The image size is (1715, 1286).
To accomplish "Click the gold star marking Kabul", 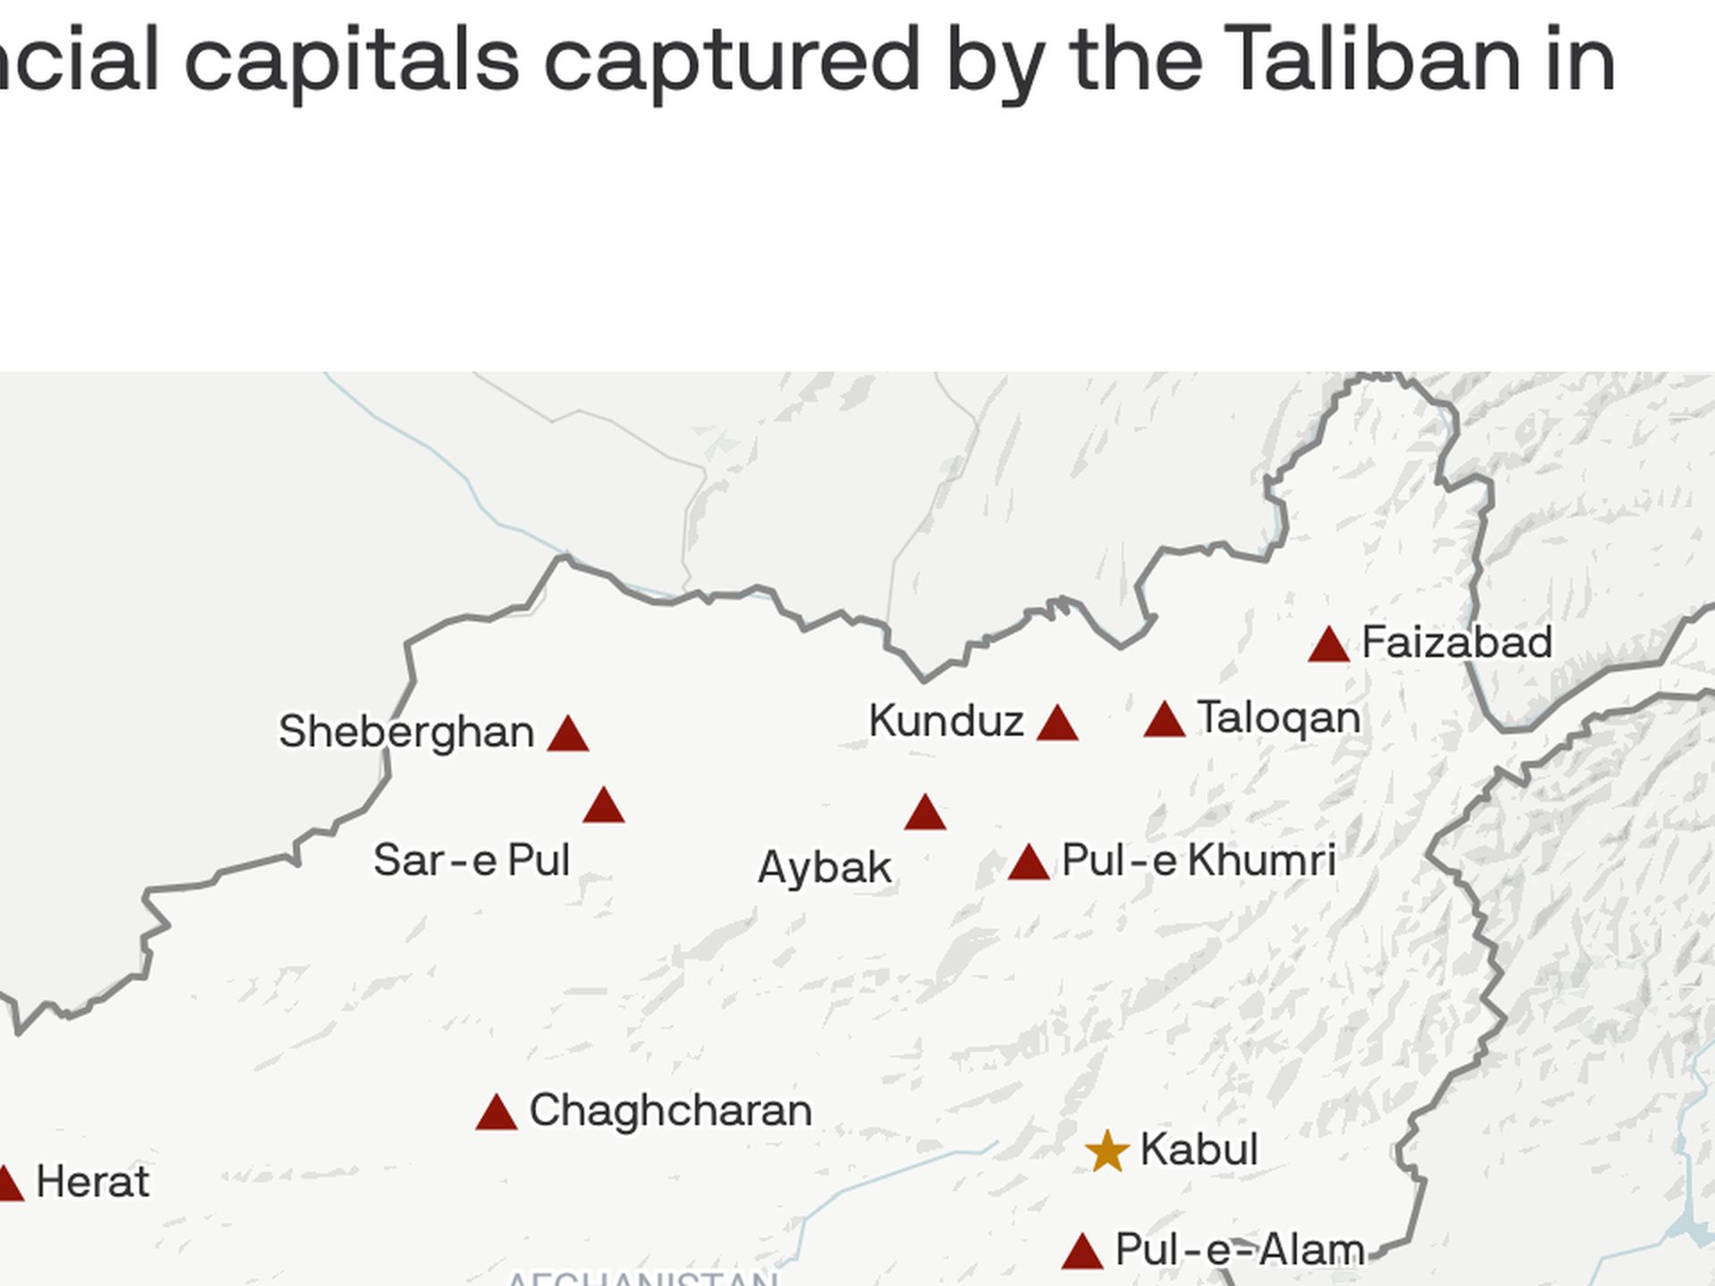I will pyautogui.click(x=1108, y=1151).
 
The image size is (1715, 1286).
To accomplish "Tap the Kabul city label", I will pyautogui.click(x=1199, y=1148).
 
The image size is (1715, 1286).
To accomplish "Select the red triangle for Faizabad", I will pyautogui.click(x=1328, y=646).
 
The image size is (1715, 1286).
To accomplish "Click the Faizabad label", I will pyautogui.click(x=1457, y=642).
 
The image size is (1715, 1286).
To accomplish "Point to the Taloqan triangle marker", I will pyautogui.click(x=1165, y=721).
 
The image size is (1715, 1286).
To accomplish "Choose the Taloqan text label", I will pyautogui.click(x=1278, y=718).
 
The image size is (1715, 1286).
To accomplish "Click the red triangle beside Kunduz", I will pyautogui.click(x=1058, y=724).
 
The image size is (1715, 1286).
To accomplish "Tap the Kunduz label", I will pyautogui.click(x=946, y=721).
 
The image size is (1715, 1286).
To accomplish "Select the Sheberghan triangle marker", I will pyautogui.click(x=568, y=735).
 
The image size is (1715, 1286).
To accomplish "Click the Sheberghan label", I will pyautogui.click(x=406, y=731).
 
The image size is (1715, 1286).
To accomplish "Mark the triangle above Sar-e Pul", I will pyautogui.click(x=604, y=806).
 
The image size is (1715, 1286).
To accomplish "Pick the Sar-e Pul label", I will pyautogui.click(x=472, y=860).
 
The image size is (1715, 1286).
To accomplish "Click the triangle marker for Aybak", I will pyautogui.click(x=925, y=814).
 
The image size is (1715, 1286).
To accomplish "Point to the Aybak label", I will pyautogui.click(x=824, y=867).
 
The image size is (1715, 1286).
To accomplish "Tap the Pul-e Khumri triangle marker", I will pyautogui.click(x=1029, y=864).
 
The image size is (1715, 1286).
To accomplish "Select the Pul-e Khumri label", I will pyautogui.click(x=1199, y=860).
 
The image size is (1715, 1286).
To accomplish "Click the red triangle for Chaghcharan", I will pyautogui.click(x=497, y=1114).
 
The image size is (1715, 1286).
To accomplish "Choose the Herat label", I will pyautogui.click(x=93, y=1182).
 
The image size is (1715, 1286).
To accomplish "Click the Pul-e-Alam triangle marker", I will pyautogui.click(x=1083, y=1252).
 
